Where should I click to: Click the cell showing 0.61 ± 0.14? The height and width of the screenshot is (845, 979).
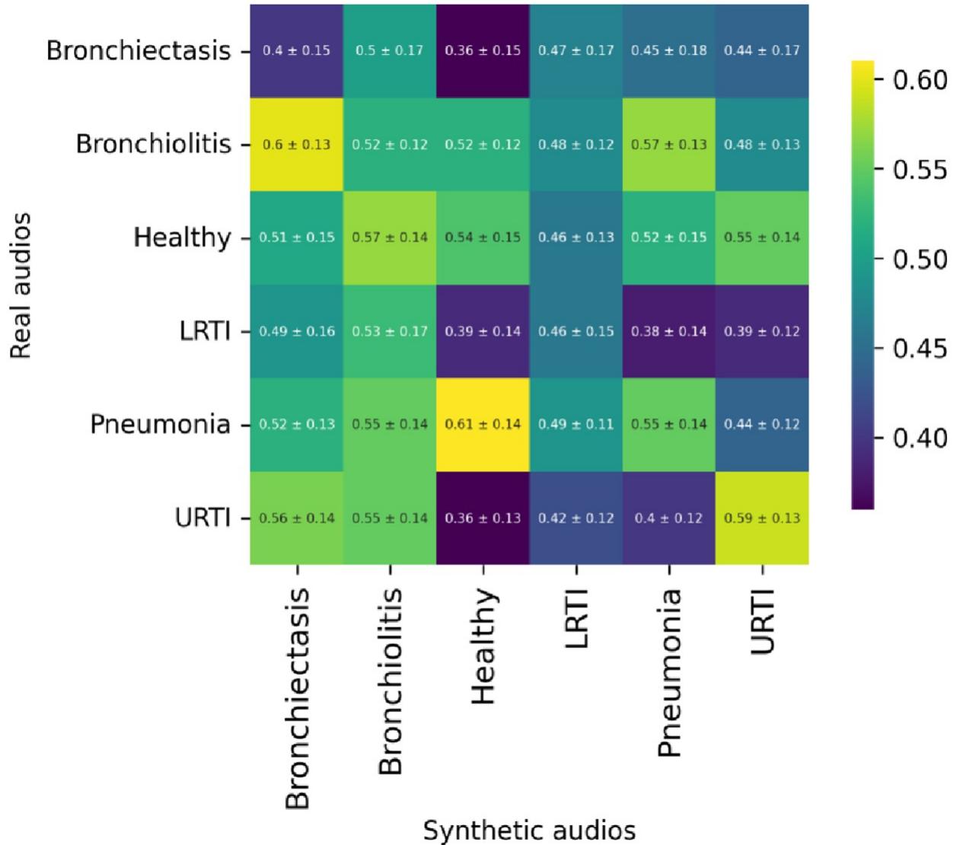click(x=483, y=424)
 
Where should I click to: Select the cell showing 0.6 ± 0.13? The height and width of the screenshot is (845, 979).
click(x=297, y=145)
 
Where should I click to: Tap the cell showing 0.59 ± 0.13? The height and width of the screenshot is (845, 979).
click(x=762, y=518)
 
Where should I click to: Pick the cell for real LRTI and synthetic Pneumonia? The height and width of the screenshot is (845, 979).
click(x=669, y=331)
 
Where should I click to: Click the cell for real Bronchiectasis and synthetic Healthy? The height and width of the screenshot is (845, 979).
click(x=483, y=51)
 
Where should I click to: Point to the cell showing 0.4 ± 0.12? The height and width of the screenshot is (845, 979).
click(x=669, y=518)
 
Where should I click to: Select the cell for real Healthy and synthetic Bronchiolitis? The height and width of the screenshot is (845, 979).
click(x=390, y=238)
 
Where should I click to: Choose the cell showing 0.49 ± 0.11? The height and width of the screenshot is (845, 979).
click(x=576, y=424)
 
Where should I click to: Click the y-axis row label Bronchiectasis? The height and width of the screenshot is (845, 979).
click(x=139, y=51)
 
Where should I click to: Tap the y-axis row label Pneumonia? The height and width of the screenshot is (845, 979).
click(x=160, y=424)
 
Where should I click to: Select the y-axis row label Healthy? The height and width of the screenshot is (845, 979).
click(x=182, y=238)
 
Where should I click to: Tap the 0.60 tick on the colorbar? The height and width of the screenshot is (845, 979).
click(x=920, y=79)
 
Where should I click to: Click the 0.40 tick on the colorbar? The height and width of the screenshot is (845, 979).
click(x=920, y=438)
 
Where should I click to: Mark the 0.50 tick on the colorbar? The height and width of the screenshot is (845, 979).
click(x=920, y=260)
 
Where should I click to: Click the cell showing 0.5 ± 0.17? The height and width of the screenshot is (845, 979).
click(x=390, y=51)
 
